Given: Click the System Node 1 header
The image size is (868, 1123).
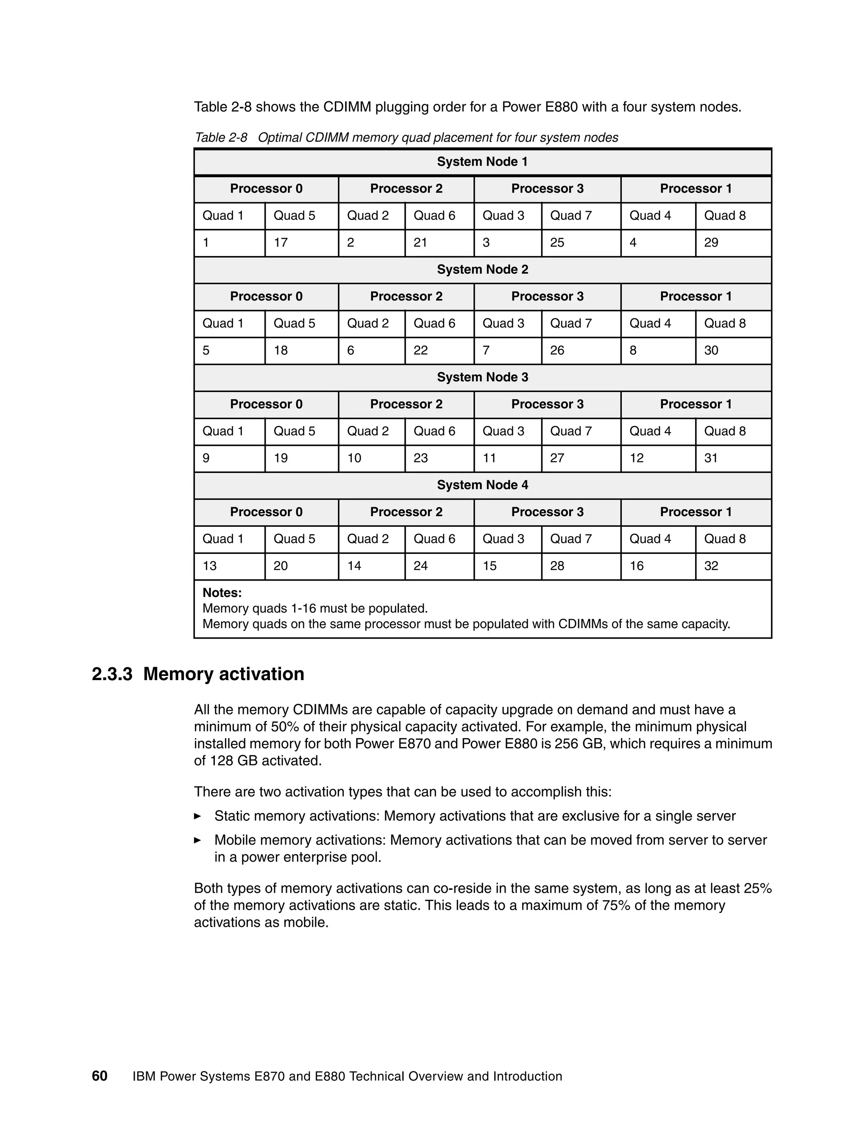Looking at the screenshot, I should (x=482, y=162).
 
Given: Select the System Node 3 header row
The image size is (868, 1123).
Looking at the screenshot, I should (x=482, y=378).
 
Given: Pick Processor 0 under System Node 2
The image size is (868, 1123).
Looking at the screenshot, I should (x=266, y=297).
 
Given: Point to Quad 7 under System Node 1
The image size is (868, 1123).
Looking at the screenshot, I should (x=571, y=216).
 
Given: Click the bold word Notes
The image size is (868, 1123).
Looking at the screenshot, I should (x=222, y=593).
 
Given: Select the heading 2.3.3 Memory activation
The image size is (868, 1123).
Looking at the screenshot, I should (x=198, y=674).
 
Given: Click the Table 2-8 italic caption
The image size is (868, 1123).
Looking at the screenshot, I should (x=406, y=138).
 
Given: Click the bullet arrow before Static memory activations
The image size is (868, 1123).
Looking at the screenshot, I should (x=198, y=816).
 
